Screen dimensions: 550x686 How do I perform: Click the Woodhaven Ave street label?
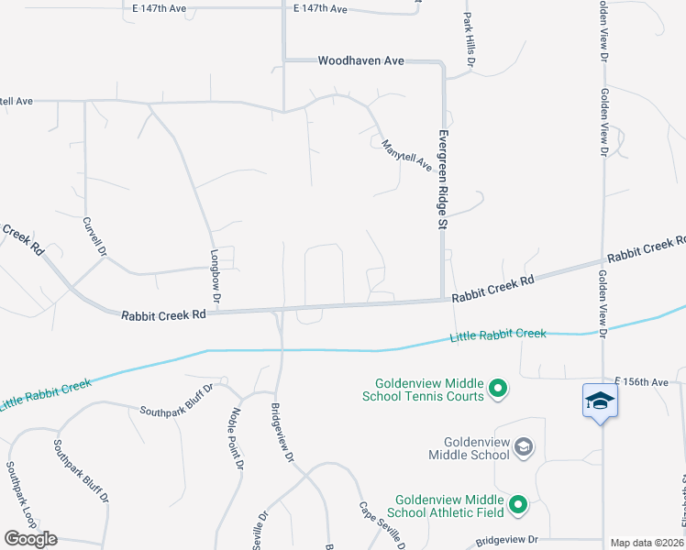(360, 60)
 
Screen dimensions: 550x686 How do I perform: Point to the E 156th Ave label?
(644, 380)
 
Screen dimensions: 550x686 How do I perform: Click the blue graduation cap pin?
(600, 401)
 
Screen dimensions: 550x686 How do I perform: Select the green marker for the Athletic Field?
(518, 505)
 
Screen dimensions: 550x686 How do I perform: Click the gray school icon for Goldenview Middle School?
(524, 447)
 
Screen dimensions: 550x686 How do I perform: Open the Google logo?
(30, 539)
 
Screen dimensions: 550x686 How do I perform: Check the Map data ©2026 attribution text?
(647, 543)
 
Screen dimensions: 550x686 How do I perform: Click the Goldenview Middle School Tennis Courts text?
(429, 390)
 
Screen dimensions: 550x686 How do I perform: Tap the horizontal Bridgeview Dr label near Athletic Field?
(505, 543)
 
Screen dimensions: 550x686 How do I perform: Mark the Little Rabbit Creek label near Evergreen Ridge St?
(498, 336)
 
